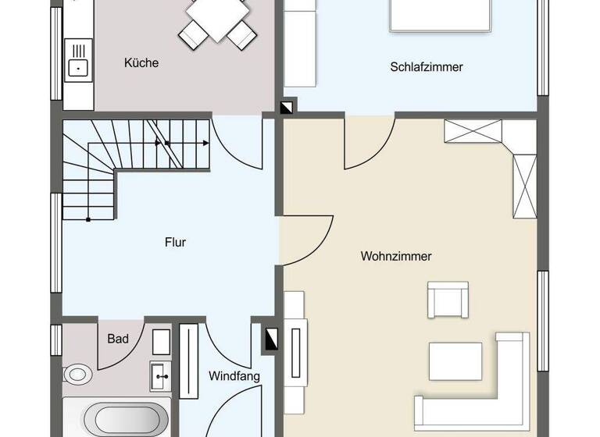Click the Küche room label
pos(141,62)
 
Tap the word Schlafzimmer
pos(427,67)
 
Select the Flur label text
pos(175,243)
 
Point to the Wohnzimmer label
pos(396,256)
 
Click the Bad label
pos(118,339)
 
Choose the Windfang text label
pos(234,376)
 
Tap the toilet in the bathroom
pos(77,375)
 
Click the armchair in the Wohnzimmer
pos(448,299)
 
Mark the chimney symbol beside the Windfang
pos(270,337)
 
